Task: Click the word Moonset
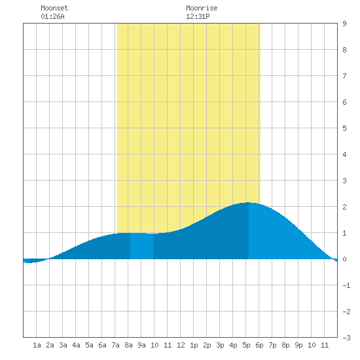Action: [x=54, y=8]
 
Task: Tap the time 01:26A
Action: [x=52, y=16]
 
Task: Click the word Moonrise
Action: [x=202, y=8]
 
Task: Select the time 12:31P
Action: [x=198, y=16]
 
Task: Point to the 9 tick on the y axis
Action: [x=344, y=24]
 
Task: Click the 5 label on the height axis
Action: [x=344, y=128]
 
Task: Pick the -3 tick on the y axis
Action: [x=346, y=338]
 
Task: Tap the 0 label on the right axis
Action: [x=344, y=259]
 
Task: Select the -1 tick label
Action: [x=346, y=285]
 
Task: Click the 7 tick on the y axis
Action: [x=344, y=76]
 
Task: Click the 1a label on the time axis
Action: [x=37, y=345]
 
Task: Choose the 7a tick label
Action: [x=115, y=345]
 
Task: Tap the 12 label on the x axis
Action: [x=181, y=345]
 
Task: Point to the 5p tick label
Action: [x=246, y=345]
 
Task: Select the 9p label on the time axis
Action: [x=298, y=345]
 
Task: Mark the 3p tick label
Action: [x=220, y=345]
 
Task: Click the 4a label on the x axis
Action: [x=76, y=345]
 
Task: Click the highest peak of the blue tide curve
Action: [x=249, y=202]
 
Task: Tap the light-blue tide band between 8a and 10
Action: [x=141, y=246]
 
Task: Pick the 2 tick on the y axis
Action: [x=344, y=207]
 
